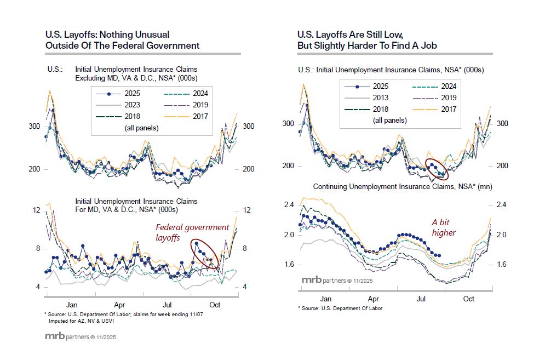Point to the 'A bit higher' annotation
click(x=443, y=227)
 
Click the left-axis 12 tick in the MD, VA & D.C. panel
click(x=37, y=210)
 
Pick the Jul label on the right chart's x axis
click(x=422, y=299)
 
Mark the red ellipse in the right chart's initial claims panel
click(x=437, y=169)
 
